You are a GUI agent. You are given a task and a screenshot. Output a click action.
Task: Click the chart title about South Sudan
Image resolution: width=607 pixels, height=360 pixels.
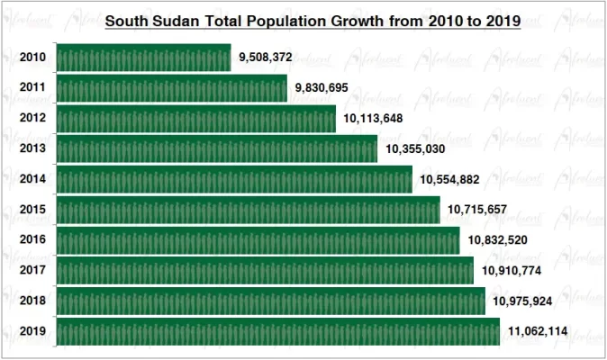click(313, 22)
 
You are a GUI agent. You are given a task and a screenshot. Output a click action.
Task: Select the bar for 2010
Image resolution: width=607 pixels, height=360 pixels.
click(143, 58)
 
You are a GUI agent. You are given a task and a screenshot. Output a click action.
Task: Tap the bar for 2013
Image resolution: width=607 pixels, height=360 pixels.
click(216, 149)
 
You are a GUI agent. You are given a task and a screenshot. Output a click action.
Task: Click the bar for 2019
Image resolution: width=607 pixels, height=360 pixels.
click(277, 331)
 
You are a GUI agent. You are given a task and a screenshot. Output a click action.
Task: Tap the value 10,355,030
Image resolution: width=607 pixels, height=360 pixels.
click(415, 149)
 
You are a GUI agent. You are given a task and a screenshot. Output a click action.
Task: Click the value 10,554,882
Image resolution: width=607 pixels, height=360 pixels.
click(449, 180)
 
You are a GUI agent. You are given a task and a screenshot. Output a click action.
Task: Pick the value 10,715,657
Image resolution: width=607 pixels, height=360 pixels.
click(477, 210)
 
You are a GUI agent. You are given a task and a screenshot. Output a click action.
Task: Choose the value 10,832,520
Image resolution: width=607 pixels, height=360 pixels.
click(498, 240)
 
